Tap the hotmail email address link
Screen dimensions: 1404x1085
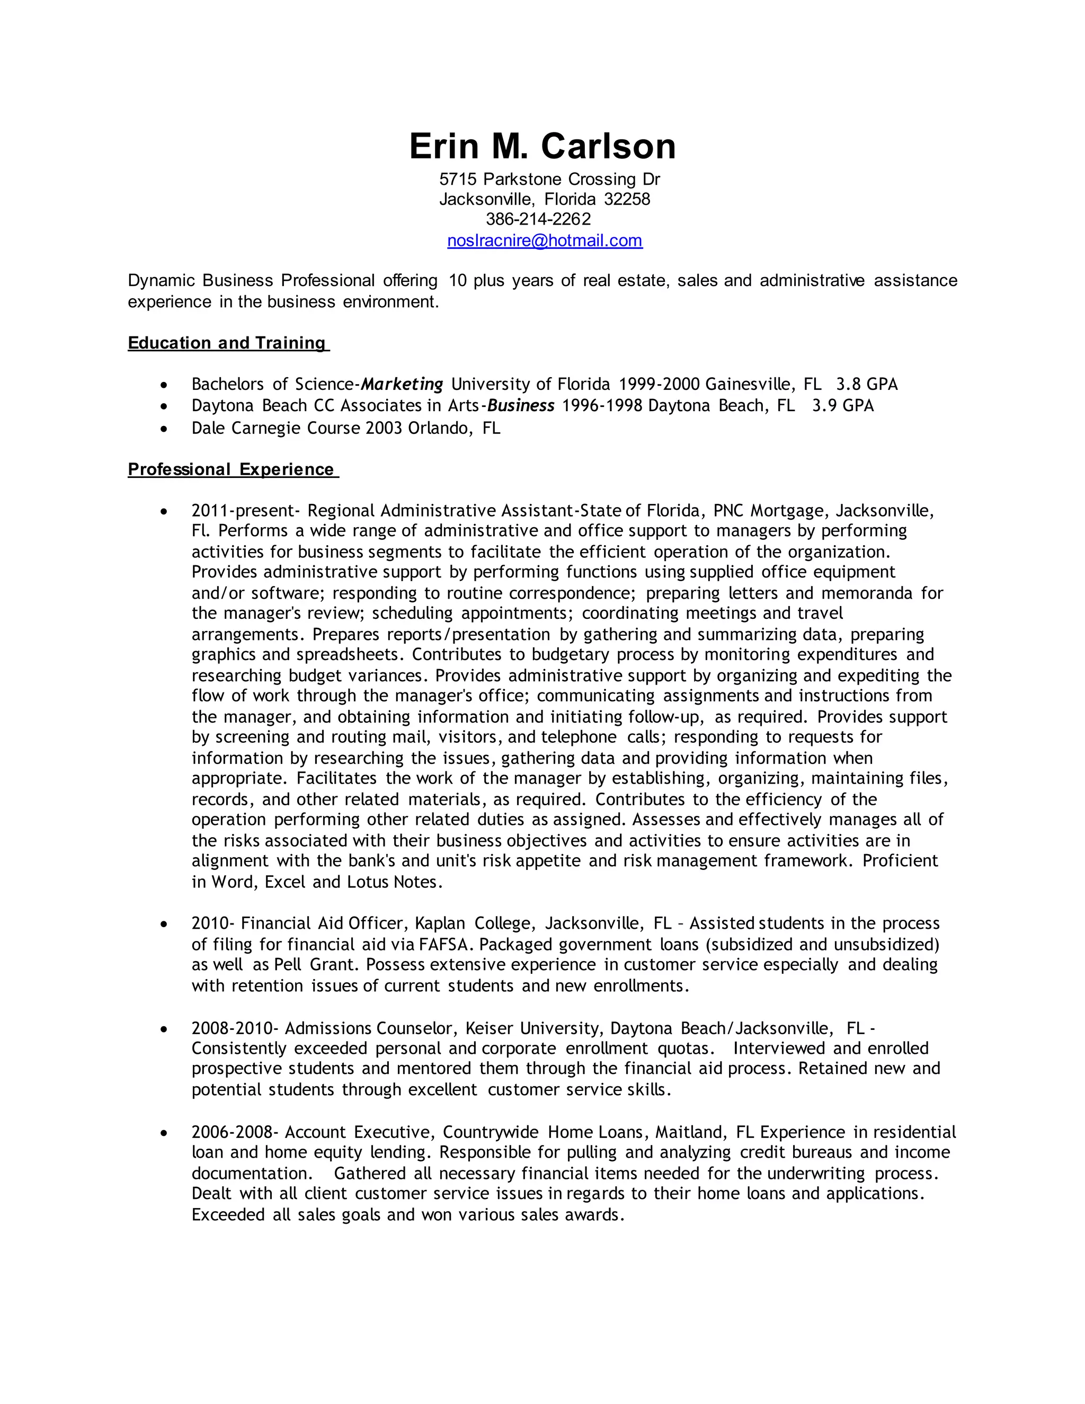545,241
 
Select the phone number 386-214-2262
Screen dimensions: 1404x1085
538,219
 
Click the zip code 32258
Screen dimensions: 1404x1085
627,199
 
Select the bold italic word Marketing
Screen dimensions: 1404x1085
402,385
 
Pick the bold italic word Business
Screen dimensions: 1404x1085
521,406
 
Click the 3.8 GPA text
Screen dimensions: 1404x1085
866,385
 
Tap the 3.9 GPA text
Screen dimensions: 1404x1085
843,406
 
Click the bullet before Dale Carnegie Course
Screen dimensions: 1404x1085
165,428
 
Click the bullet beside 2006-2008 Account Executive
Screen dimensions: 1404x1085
165,1133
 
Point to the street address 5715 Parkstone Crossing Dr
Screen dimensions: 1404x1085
549,180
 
